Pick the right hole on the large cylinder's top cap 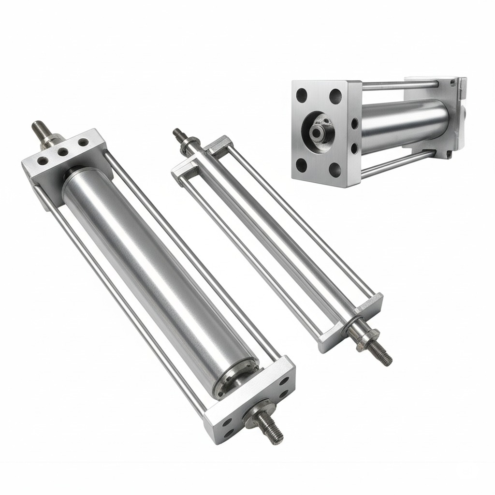(83, 142)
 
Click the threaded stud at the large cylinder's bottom (271, 429)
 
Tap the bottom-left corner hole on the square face (301, 166)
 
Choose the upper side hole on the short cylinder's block (354, 124)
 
